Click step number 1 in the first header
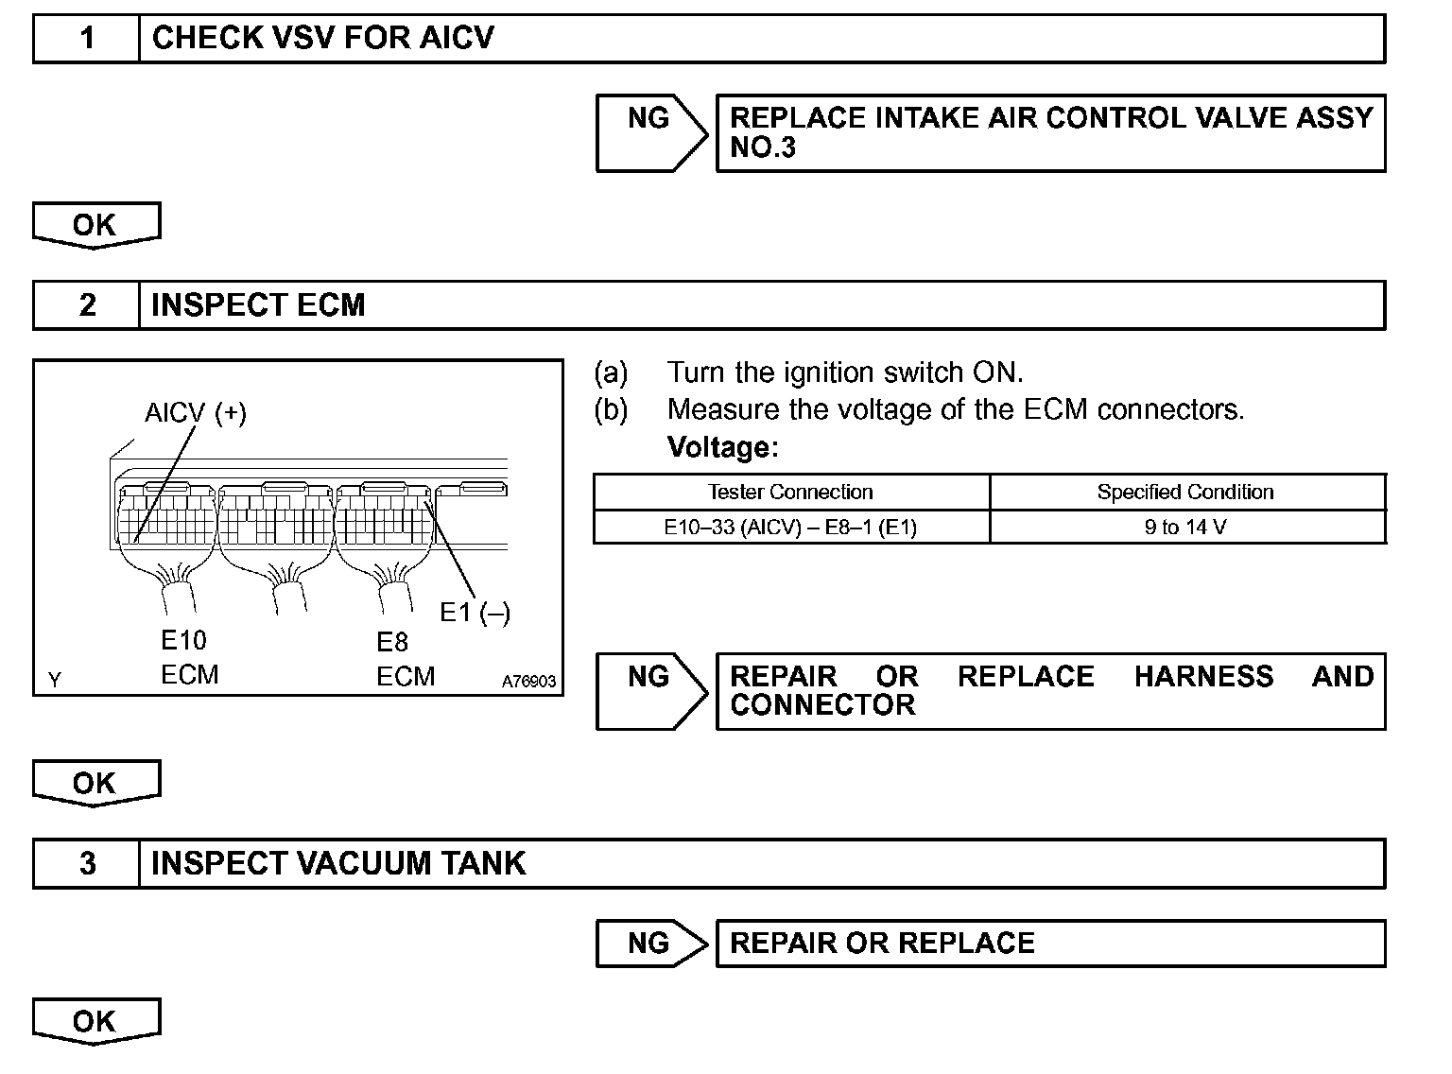click(x=87, y=38)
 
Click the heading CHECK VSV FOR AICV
click(x=322, y=38)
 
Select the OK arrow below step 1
click(x=95, y=225)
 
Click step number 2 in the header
click(x=87, y=304)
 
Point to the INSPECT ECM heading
click(x=258, y=304)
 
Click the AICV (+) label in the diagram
click(x=196, y=413)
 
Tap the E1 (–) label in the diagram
click(x=475, y=613)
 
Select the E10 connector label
click(x=183, y=640)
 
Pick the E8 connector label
click(x=392, y=642)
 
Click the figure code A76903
click(x=528, y=681)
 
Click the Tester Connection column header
click(x=790, y=492)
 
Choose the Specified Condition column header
click(x=1185, y=492)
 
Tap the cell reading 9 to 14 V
click(x=1185, y=527)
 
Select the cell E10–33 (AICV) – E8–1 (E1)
click(x=790, y=527)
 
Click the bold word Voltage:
click(x=722, y=446)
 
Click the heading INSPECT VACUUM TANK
click(x=338, y=863)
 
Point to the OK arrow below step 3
click(x=95, y=1021)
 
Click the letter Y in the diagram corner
click(x=55, y=680)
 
